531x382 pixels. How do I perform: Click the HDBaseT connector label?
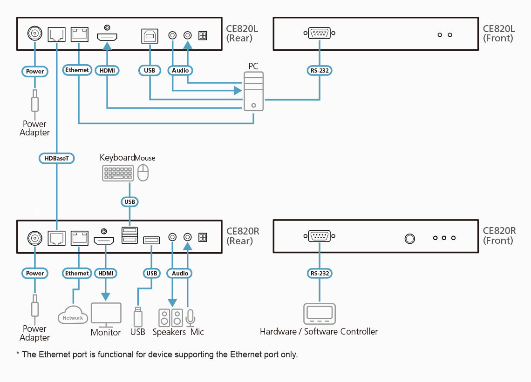pyautogui.click(x=56, y=158)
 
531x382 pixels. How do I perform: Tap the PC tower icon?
pyautogui.click(x=253, y=91)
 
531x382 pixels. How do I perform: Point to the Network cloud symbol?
pyautogui.click(x=73, y=315)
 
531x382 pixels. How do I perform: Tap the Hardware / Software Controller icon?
pyautogui.click(x=319, y=314)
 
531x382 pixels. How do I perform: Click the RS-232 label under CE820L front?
pyautogui.click(x=320, y=71)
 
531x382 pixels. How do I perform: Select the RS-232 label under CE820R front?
pyautogui.click(x=320, y=273)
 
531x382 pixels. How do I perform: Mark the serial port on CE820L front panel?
pyautogui.click(x=320, y=34)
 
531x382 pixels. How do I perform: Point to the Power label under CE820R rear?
pyautogui.click(x=35, y=273)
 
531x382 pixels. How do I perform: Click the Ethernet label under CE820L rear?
pyautogui.click(x=77, y=70)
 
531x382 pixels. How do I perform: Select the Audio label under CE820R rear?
pyautogui.click(x=180, y=273)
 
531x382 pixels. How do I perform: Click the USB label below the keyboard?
pyautogui.click(x=129, y=201)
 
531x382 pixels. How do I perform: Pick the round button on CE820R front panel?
pyautogui.click(x=409, y=239)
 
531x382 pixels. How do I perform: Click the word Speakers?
pyautogui.click(x=169, y=332)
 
